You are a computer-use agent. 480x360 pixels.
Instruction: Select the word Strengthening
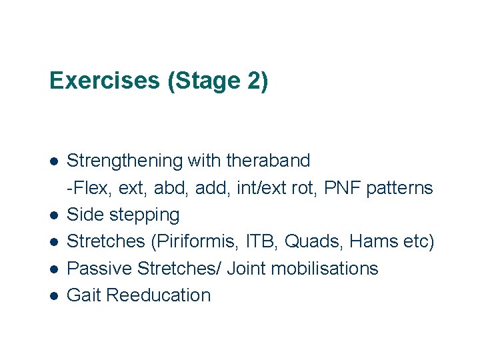[x=125, y=161]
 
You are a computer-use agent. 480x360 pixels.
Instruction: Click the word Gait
[x=84, y=295]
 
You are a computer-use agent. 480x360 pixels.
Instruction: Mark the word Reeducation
[x=158, y=295]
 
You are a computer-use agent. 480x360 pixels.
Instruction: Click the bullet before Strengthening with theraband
[x=54, y=162]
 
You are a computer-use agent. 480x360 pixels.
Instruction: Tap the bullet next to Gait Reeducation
[x=54, y=296]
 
